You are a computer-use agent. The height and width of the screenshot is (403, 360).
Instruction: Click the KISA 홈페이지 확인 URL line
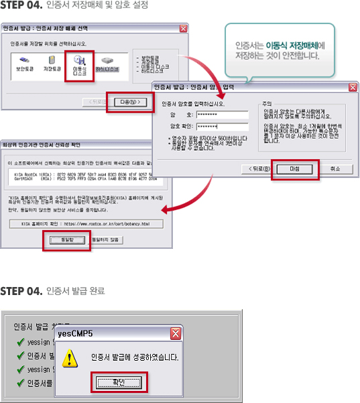[85, 223]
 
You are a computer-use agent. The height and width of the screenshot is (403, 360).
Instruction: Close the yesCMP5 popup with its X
[175, 333]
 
